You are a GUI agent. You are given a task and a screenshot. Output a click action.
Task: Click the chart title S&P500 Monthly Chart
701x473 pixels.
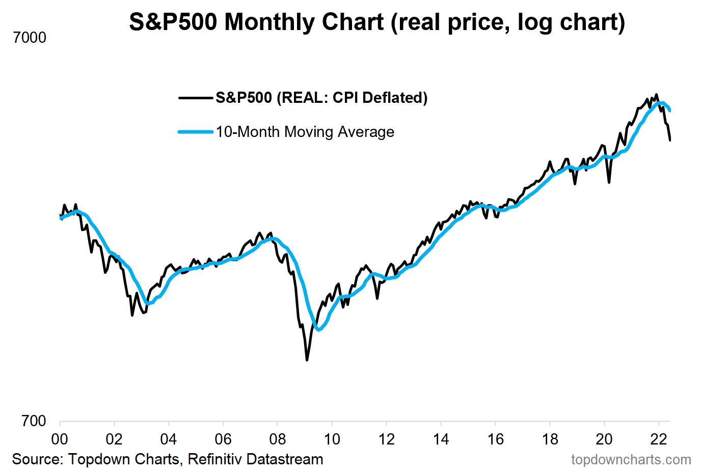coord(377,22)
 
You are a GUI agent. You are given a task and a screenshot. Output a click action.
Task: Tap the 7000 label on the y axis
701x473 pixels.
coord(30,38)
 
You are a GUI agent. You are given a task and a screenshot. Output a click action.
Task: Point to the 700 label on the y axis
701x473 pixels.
coord(34,421)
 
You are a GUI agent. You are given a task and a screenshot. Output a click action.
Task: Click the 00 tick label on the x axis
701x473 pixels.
coord(60,439)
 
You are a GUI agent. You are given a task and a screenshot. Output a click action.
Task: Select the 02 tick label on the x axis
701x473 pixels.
coord(114,439)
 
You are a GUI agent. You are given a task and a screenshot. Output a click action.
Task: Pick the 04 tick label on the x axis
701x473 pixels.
coord(169,439)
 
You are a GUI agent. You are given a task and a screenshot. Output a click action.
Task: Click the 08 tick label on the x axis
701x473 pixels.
coord(277,439)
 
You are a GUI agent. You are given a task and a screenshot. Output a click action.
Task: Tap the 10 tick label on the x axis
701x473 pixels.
coord(332,439)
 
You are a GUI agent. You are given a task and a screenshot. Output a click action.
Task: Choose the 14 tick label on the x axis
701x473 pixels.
coord(441,439)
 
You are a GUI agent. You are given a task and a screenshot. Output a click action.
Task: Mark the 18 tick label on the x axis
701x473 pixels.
coord(550,439)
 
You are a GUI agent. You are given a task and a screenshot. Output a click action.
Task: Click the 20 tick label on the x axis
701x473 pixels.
coord(604,439)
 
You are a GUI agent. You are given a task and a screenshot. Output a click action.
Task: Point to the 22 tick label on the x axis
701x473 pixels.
coord(659,439)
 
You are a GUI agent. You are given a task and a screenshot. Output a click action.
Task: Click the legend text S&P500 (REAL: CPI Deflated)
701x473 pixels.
coord(321,98)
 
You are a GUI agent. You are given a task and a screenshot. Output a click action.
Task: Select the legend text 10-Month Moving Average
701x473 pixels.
coord(305,132)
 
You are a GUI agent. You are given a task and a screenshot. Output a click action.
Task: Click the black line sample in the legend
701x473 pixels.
coord(196,98)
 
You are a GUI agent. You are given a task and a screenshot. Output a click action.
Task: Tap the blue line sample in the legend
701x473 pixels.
coord(196,132)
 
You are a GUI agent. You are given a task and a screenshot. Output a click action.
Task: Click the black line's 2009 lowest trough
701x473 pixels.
coord(307,360)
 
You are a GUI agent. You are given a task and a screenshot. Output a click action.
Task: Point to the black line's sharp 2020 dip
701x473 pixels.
coord(609,182)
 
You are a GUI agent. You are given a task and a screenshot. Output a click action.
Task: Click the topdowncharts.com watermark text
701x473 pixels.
coord(631,460)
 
